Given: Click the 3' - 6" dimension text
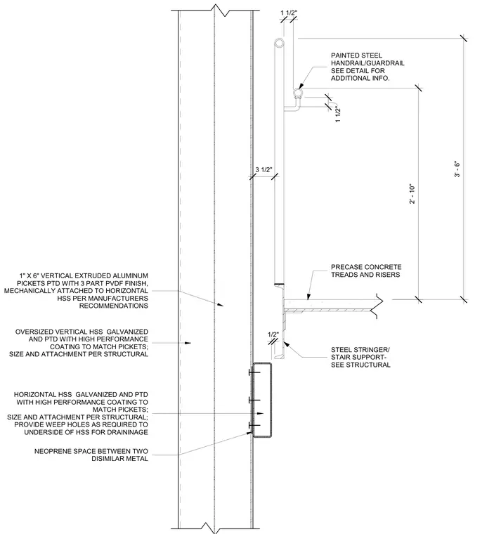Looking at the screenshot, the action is pyautogui.click(x=457, y=169).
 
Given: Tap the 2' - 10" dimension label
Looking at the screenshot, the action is pyautogui.click(x=412, y=194).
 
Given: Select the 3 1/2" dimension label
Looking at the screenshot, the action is pyautogui.click(x=264, y=169).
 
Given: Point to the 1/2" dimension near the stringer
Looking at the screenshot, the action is pyautogui.click(x=273, y=334).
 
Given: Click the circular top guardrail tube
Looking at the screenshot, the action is pyautogui.click(x=279, y=44).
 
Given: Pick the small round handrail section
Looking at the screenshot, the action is pyautogui.click(x=298, y=92).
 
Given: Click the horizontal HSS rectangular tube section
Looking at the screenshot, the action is pyautogui.click(x=261, y=400).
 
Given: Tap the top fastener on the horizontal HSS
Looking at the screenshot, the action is pyautogui.click(x=254, y=372).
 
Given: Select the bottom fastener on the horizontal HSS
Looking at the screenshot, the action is pyautogui.click(x=254, y=425).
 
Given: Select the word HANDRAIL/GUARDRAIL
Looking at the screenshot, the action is pyautogui.click(x=368, y=63).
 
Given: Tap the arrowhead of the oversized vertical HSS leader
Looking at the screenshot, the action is pyautogui.click(x=188, y=343).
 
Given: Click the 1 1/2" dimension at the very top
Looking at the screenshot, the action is pyautogui.click(x=289, y=13).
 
